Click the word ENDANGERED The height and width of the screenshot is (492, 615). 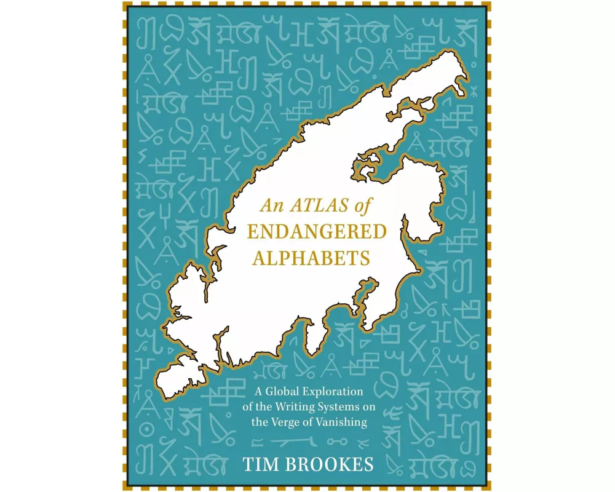[x=316, y=232]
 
